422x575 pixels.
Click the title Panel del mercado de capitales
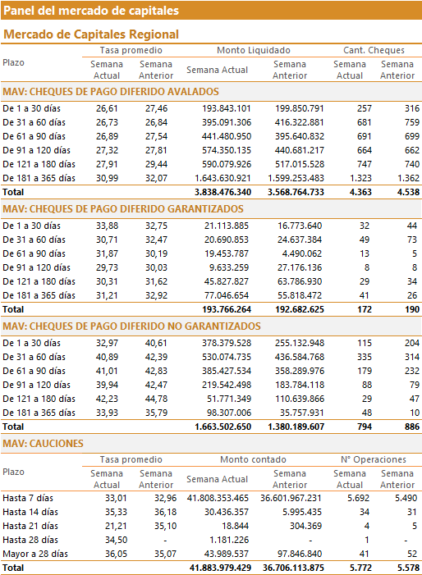tap(91, 11)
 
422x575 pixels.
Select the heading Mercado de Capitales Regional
tap(91, 34)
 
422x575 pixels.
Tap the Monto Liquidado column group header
tap(254, 50)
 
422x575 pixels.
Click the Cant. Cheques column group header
tap(374, 50)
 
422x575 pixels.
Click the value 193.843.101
tap(227, 108)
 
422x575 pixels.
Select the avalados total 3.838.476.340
tap(222, 192)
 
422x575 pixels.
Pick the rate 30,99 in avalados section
tap(108, 178)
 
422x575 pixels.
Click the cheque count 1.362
tap(408, 178)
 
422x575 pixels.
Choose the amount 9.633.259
tap(229, 267)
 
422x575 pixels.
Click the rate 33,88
tap(108, 226)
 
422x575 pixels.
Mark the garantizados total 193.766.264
tap(227, 309)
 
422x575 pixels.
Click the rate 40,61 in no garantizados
tap(156, 343)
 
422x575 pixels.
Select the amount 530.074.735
tap(227, 357)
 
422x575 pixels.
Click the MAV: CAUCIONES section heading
tap(43, 444)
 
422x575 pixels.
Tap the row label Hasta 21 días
tap(30, 527)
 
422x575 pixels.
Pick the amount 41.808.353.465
tap(218, 499)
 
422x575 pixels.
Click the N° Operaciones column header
tap(374, 459)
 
